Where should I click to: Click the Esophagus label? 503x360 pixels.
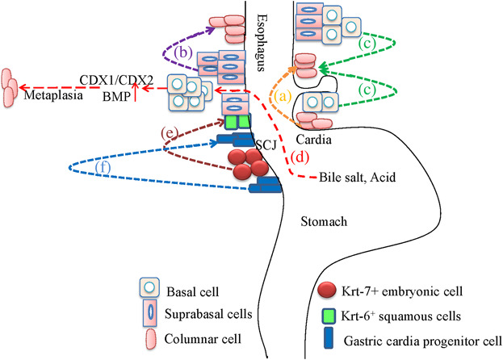(x=261, y=43)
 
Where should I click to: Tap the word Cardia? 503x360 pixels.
(x=313, y=140)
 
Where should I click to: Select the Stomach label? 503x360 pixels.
(x=324, y=221)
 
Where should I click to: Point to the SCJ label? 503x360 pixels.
(x=266, y=145)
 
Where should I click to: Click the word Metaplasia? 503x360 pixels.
(x=53, y=95)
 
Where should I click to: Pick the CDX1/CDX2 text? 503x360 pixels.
(x=116, y=80)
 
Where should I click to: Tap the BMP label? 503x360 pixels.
(x=116, y=96)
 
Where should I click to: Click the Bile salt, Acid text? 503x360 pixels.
(x=357, y=178)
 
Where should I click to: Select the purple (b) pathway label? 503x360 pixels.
(x=182, y=52)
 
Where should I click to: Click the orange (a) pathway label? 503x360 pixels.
(x=283, y=96)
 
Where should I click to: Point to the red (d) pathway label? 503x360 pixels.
(x=300, y=157)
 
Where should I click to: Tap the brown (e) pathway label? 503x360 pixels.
(x=169, y=132)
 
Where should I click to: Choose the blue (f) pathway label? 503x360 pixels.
(x=103, y=167)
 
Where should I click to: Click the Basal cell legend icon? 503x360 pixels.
(x=149, y=287)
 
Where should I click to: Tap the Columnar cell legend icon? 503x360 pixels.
(x=151, y=339)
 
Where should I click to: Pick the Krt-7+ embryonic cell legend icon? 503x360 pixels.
(x=326, y=290)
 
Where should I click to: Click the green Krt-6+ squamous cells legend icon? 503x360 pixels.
(x=329, y=316)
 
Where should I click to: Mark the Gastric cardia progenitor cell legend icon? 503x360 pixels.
(x=329, y=338)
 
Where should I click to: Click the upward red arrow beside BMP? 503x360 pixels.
(x=136, y=92)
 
